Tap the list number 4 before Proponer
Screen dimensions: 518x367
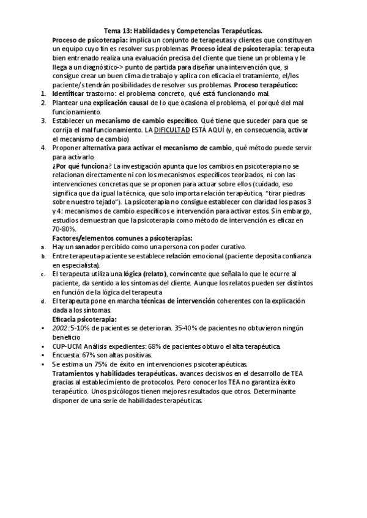(43, 147)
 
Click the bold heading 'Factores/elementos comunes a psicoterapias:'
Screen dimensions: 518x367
(122, 238)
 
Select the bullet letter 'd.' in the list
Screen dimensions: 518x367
(43, 301)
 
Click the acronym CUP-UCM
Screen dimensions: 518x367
(69, 346)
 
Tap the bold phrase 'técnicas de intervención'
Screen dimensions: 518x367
(178, 301)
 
